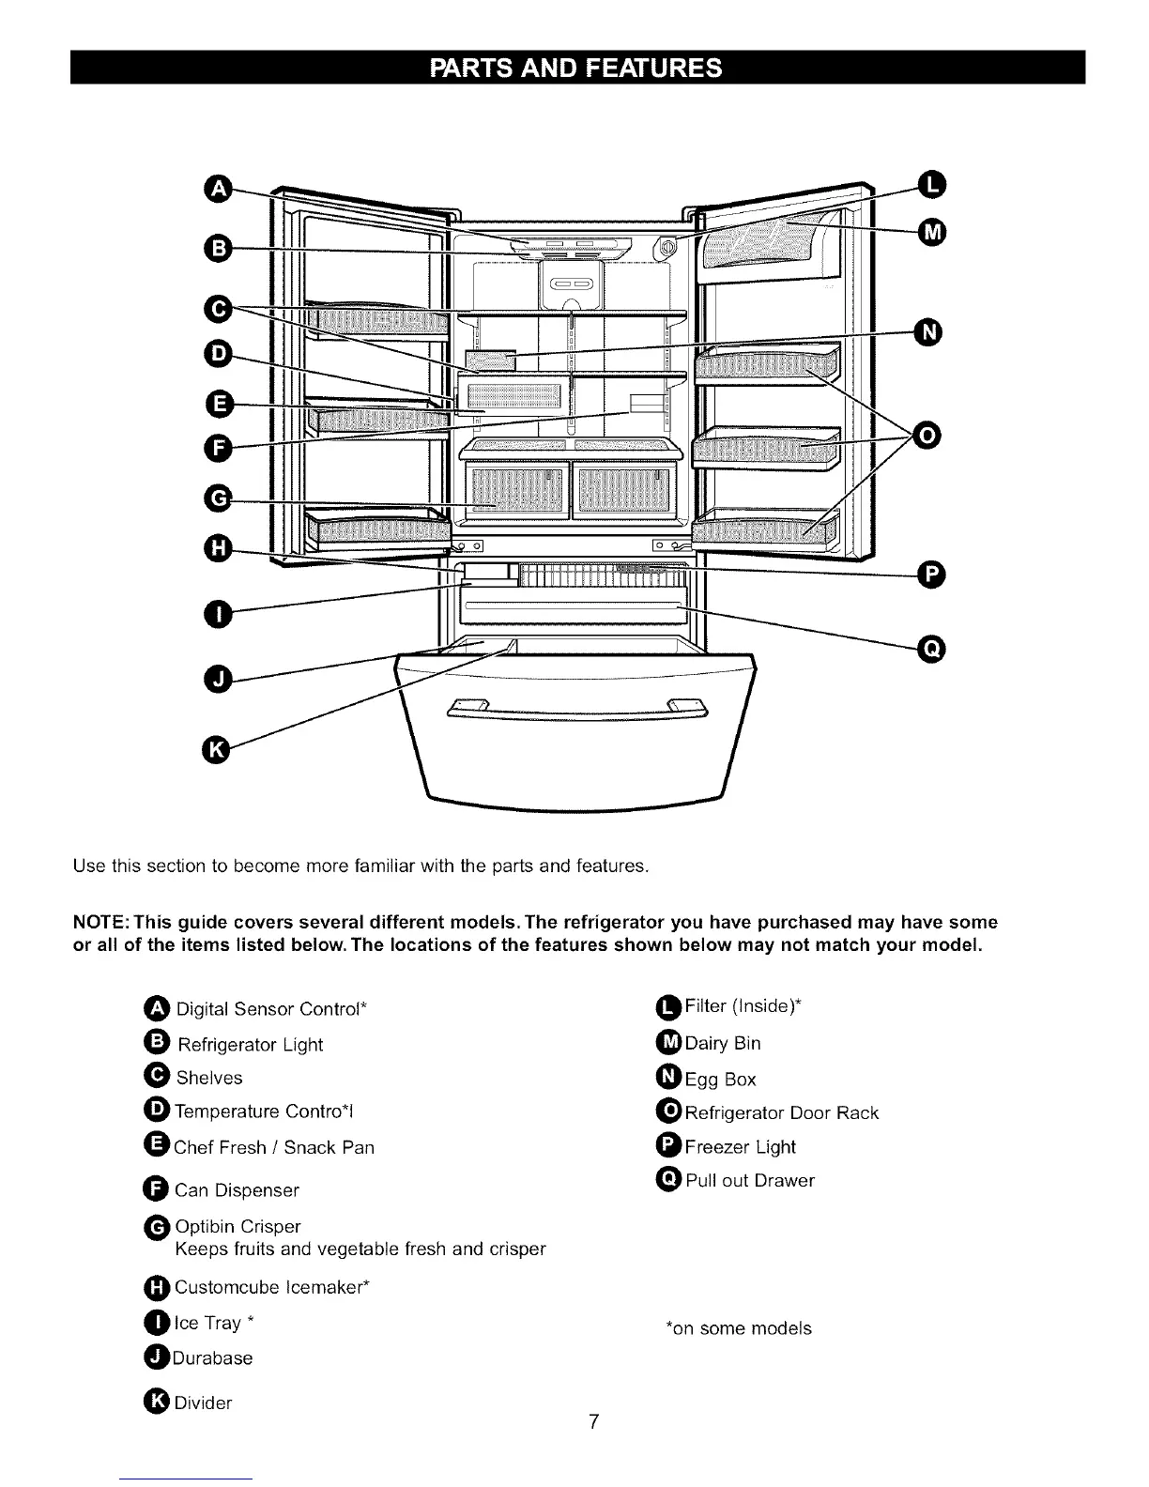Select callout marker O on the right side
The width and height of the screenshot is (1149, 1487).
[x=928, y=435]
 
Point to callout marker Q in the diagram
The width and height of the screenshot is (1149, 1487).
[x=932, y=649]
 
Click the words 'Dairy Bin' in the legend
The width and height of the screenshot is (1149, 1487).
[x=723, y=1043]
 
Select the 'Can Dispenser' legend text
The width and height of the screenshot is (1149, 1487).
[x=237, y=1190]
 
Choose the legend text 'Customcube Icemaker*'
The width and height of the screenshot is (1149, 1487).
[x=272, y=1287]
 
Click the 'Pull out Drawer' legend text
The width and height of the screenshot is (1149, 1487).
[x=750, y=1180]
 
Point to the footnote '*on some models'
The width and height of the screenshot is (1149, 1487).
[x=738, y=1328]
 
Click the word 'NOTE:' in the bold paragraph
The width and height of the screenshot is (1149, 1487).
[x=99, y=922]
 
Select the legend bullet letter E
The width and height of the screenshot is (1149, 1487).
[x=158, y=1145]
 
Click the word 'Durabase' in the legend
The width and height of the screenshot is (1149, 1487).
[x=213, y=1358]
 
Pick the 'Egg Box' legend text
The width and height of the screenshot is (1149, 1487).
[x=720, y=1080]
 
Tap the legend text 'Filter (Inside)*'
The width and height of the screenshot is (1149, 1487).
[x=743, y=1006]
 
